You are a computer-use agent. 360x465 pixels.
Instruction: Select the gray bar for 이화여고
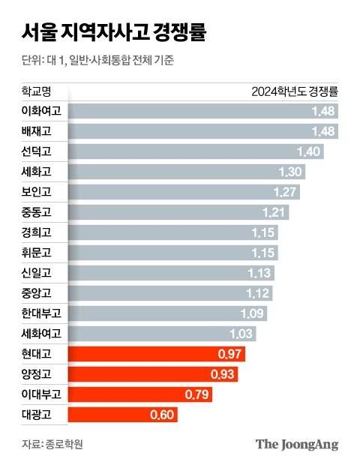pos(195,112)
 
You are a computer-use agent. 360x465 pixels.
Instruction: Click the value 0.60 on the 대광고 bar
pos(163,414)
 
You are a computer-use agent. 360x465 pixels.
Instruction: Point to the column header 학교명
pos(37,92)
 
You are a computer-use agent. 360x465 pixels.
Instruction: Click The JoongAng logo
pos(297,444)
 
